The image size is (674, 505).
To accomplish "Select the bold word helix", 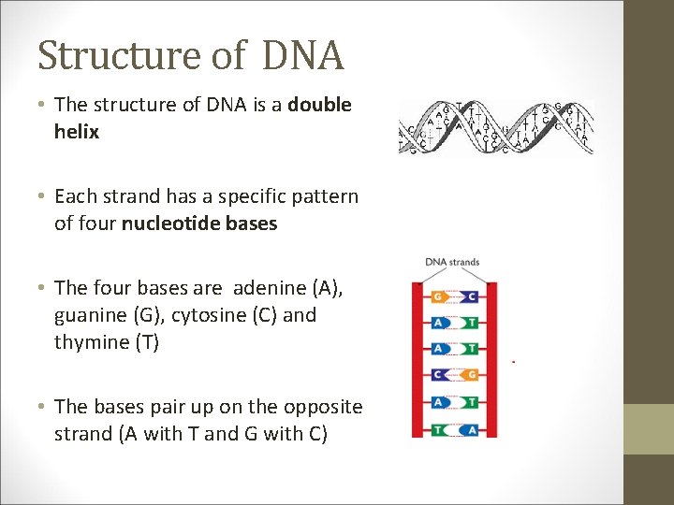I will [77, 132].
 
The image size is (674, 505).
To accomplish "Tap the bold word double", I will [319, 105].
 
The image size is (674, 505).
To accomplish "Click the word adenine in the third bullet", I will [271, 288].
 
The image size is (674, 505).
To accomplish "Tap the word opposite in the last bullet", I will [320, 407].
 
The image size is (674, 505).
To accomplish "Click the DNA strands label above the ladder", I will [452, 262].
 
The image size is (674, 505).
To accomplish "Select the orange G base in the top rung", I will [440, 296].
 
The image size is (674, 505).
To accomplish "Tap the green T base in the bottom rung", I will [440, 429].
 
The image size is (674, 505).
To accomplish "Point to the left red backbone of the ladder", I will [418, 360].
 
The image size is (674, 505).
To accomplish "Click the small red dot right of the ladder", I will [514, 361].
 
